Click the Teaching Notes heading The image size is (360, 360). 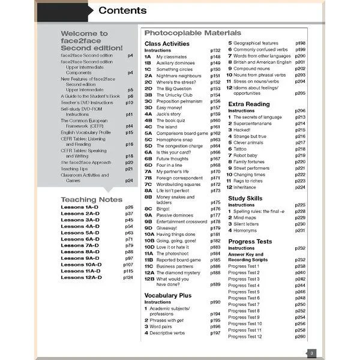[x=92, y=200]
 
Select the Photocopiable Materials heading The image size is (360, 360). [x=193, y=33]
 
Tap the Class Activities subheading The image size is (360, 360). [x=167, y=44]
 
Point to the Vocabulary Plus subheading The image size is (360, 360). [x=168, y=295]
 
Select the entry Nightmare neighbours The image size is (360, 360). [x=179, y=76]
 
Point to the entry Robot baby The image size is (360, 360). [x=248, y=155]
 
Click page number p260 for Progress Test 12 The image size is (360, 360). [x=300, y=337]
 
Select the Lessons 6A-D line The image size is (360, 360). [x=80, y=239]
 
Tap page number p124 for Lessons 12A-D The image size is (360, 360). [x=128, y=278]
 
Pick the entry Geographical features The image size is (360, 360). [x=261, y=43]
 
